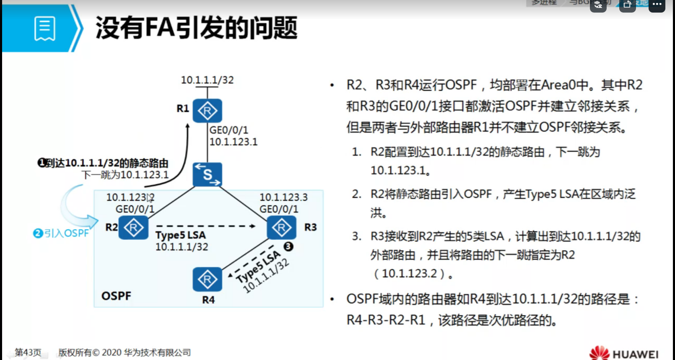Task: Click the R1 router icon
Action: click(x=207, y=111)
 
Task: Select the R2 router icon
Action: click(x=133, y=228)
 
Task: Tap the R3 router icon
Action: click(x=281, y=228)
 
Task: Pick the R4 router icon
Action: click(x=207, y=279)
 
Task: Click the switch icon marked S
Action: click(x=207, y=174)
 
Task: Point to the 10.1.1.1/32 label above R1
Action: click(x=207, y=80)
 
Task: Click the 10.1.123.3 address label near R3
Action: click(x=283, y=197)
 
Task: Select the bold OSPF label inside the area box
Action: click(x=116, y=296)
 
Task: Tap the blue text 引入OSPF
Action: click(x=67, y=233)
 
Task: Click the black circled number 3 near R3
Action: click(x=288, y=246)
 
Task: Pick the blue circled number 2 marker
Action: click(x=38, y=233)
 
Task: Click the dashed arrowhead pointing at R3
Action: click(x=252, y=226)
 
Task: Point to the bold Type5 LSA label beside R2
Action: click(x=180, y=235)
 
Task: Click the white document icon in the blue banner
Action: click(x=45, y=28)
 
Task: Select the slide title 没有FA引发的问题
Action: click(x=196, y=28)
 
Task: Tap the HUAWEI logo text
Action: click(x=635, y=355)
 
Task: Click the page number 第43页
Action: click(x=28, y=352)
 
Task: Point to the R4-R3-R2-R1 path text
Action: click(x=386, y=320)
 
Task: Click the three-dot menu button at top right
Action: click(x=657, y=5)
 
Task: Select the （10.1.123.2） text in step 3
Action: click(x=410, y=274)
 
